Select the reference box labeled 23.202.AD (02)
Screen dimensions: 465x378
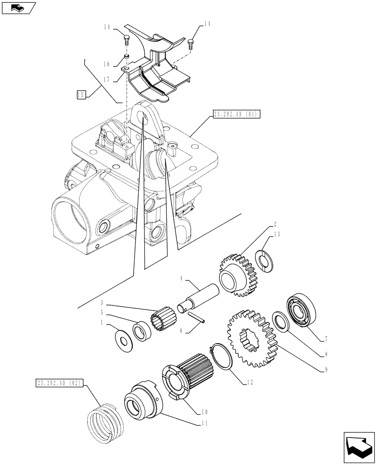(x=59, y=383)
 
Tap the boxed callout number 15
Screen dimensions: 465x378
(x=81, y=95)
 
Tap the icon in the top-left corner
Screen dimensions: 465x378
(x=18, y=7)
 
